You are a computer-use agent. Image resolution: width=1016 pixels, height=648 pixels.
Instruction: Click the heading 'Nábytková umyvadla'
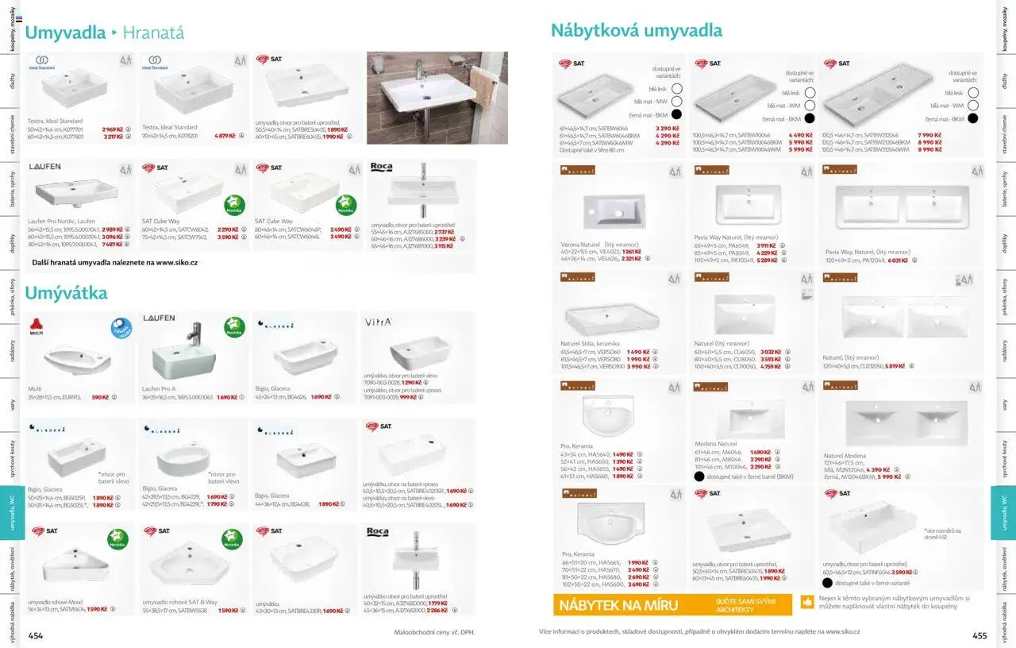636,31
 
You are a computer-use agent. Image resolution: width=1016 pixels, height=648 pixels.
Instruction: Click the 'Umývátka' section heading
66,293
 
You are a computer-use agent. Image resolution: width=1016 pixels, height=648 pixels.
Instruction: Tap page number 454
36,634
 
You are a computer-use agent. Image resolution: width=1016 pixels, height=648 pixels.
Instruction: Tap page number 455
979,634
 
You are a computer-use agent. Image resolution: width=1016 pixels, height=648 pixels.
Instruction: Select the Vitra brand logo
377,322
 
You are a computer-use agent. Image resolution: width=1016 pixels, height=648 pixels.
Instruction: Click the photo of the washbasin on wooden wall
437,98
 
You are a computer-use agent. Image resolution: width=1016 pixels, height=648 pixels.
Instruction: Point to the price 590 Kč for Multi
100,397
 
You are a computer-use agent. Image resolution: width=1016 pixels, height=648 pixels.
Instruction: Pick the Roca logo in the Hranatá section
381,168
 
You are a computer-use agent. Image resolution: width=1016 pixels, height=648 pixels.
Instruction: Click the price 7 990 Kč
929,135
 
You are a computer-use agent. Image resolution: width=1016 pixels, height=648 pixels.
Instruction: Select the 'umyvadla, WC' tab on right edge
1003,512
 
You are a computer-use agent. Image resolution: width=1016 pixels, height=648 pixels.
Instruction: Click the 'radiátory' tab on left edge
13,350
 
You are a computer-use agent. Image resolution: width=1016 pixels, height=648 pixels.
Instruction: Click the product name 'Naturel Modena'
845,456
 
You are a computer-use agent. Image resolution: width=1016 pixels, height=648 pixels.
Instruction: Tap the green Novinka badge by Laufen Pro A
233,327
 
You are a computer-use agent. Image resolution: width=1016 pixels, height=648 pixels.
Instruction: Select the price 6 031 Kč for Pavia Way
897,260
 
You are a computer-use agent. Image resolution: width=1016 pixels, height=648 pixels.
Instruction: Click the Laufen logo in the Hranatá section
44,168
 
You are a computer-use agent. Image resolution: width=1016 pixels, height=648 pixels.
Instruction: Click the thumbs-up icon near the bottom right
807,601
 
